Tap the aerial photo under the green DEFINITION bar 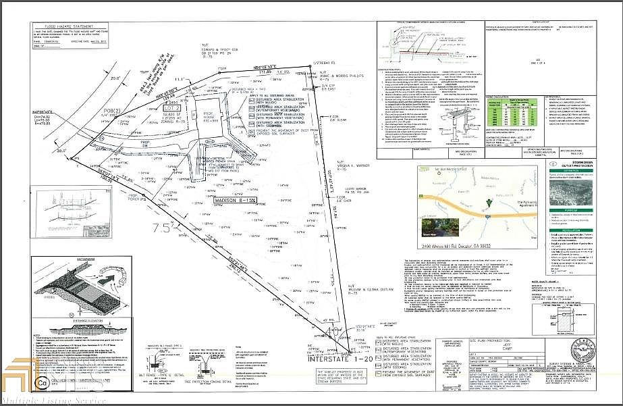click(x=581, y=196)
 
